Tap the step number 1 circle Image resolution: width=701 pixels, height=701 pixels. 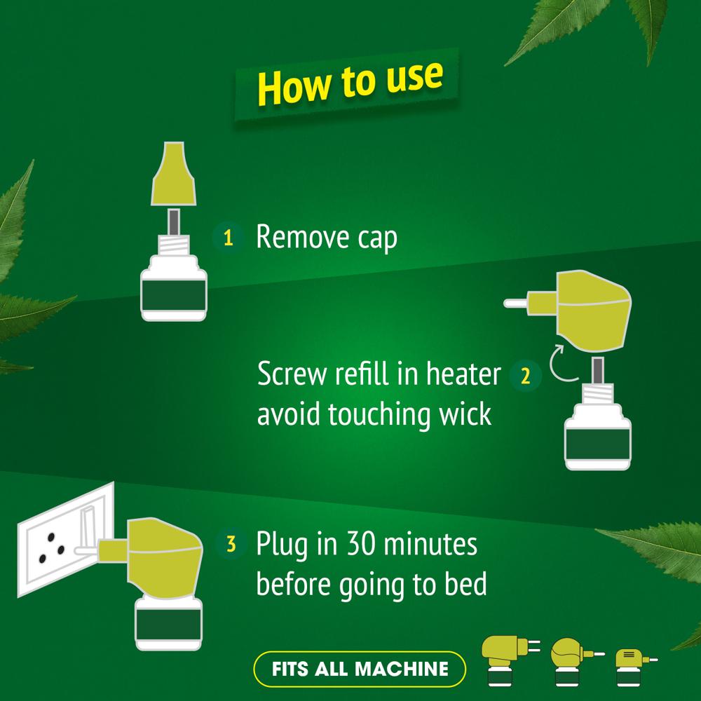pos(228,238)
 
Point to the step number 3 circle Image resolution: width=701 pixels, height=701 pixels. pos(231,544)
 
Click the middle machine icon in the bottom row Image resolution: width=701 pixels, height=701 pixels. pos(571,661)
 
